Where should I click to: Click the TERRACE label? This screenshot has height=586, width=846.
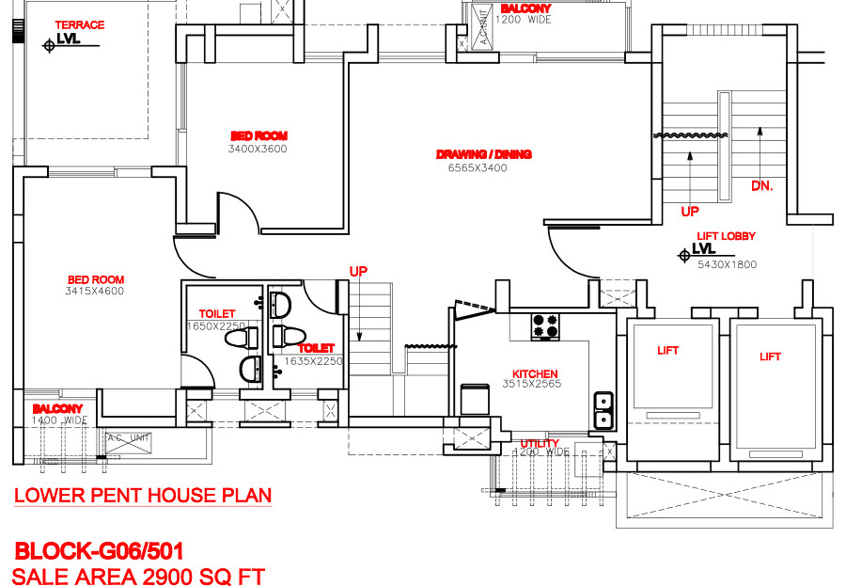(x=80, y=24)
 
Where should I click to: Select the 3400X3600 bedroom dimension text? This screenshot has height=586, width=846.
(x=258, y=149)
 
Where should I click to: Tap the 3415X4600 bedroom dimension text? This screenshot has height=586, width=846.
(x=95, y=292)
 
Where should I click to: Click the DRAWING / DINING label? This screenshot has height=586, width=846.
(x=484, y=154)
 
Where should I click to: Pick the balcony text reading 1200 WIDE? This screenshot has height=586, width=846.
(x=524, y=20)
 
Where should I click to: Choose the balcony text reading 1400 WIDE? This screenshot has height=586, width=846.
(x=60, y=421)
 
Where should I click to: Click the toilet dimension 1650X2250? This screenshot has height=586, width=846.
(x=216, y=326)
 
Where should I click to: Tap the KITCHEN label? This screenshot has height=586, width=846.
(x=535, y=373)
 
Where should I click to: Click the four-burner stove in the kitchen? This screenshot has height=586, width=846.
(x=544, y=325)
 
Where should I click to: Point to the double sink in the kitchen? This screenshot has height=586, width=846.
(x=603, y=411)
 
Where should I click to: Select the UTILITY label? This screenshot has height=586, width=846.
(x=540, y=443)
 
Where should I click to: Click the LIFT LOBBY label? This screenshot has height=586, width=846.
(x=726, y=237)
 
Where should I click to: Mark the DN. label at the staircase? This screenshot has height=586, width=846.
(x=761, y=186)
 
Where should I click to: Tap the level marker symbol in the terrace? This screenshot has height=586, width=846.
(x=49, y=43)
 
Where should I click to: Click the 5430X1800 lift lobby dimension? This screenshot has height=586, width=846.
(x=727, y=265)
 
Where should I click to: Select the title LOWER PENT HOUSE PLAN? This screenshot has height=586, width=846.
(x=143, y=495)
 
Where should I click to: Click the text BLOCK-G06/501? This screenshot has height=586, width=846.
(x=99, y=550)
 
